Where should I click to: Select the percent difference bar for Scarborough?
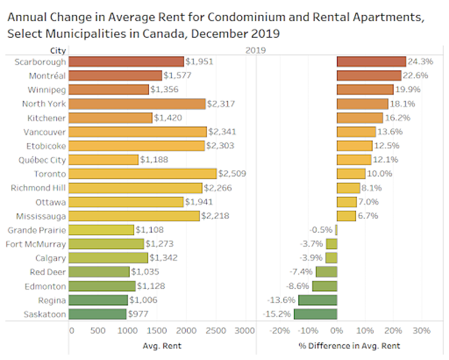pos(371,62)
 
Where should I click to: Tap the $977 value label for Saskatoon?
pos(139,314)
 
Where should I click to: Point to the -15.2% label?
pos(275,314)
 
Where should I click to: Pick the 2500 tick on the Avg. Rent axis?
pos(216,330)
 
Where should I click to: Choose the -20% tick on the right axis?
pos(280,330)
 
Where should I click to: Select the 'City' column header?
pos(58,50)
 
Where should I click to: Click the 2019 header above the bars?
pos(255,50)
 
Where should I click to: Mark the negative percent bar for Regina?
pos(318,300)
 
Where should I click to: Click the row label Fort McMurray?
pos(36,244)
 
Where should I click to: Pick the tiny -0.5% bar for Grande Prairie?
pos(336,230)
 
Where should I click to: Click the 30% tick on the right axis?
pos(422,330)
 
